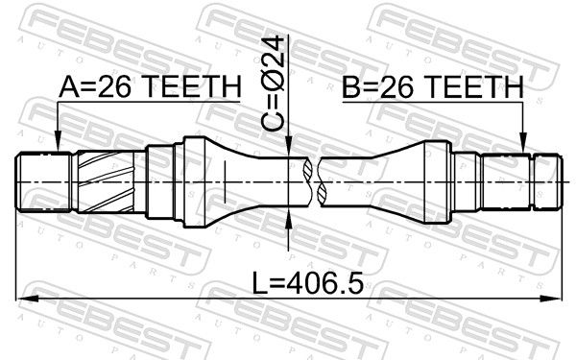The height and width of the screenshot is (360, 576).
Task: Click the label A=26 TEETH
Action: click(150, 86)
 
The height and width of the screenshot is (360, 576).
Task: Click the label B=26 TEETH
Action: click(432, 86)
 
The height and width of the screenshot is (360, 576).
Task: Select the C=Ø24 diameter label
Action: click(273, 84)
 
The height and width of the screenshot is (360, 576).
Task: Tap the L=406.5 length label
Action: click(308, 283)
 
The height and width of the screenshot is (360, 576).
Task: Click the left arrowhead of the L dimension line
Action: click(27, 300)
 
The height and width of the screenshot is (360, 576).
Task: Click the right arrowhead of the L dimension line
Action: click(552, 300)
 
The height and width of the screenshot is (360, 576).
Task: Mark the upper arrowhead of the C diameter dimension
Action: click(289, 146)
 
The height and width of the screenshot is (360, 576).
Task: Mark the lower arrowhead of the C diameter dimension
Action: click(289, 218)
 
